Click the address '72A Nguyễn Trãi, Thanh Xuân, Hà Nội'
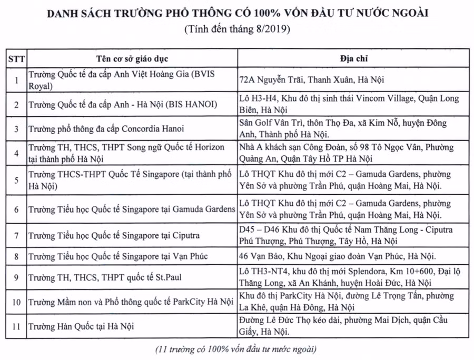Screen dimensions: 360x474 [311, 80]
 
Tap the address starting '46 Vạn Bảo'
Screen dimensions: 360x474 [337, 256]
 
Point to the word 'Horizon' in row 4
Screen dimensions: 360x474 [209, 148]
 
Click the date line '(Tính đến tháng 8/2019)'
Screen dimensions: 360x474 [236, 29]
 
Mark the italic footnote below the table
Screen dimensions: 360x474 [236, 349]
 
